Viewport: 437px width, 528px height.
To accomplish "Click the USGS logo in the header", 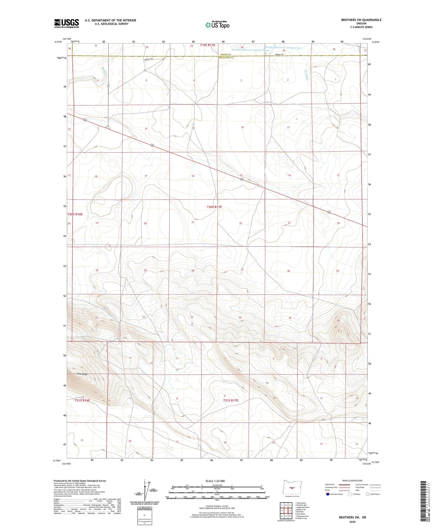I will pos(67,23).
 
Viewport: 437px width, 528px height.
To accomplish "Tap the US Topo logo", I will pos(217,25).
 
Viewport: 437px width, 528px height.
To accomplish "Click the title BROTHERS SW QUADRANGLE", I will pos(357,20).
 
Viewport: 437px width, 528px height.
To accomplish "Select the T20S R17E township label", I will pos(214,207).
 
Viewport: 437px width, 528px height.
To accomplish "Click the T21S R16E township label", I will pos(82,400).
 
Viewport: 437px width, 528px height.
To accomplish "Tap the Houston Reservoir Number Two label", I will pos(283,48).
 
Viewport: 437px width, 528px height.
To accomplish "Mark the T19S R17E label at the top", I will pos(207,45).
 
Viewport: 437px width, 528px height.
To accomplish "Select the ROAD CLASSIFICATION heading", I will pos(352,481).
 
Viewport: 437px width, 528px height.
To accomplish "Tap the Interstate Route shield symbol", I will pos(328,494).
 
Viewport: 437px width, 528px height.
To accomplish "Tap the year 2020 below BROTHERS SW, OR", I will pos(352,522).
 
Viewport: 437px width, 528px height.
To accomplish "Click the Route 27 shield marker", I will pos(108,86).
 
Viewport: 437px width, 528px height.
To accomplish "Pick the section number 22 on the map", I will pos(241,223).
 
